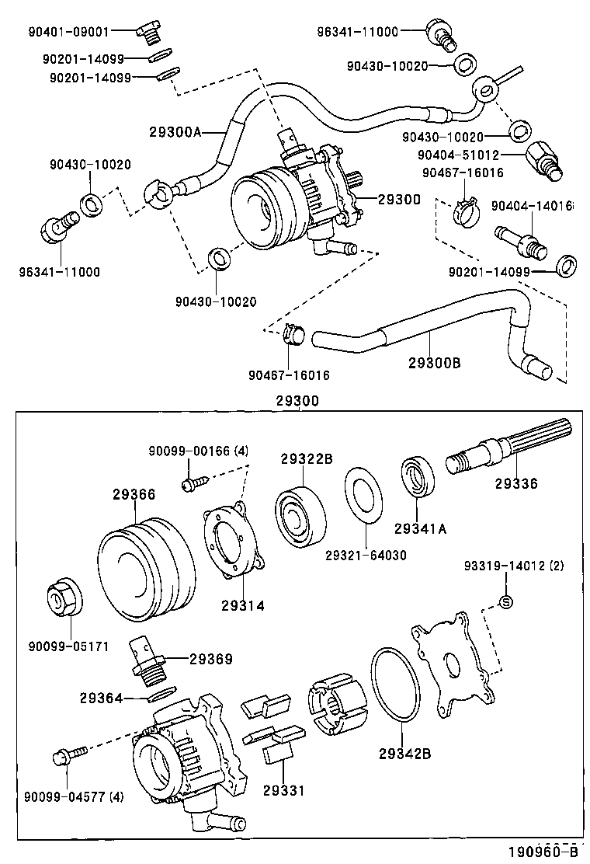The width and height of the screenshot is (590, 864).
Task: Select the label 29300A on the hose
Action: (175, 132)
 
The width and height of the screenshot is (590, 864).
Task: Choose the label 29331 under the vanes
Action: (283, 790)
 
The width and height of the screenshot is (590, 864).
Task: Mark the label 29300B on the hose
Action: (434, 362)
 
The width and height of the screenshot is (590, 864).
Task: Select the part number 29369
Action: (210, 659)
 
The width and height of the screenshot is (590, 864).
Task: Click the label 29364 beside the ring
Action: (100, 698)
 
